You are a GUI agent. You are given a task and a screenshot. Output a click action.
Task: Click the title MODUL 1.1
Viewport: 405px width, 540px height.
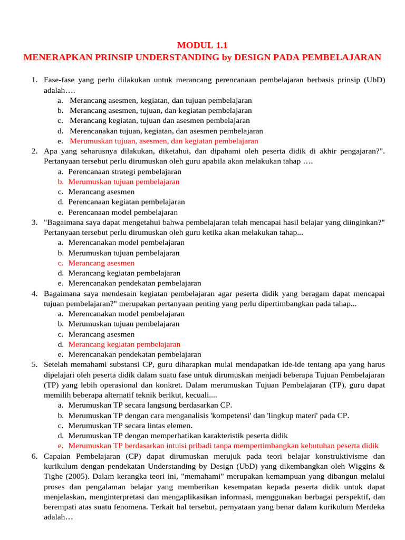click(202, 45)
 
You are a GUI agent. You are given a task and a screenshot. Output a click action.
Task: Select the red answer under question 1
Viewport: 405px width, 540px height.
click(163, 141)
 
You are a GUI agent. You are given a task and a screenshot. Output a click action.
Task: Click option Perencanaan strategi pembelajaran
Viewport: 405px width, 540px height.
click(124, 172)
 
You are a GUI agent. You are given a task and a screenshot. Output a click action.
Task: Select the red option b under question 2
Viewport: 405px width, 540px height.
click(124, 182)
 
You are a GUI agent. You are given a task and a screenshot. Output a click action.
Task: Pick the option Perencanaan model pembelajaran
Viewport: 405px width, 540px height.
click(123, 213)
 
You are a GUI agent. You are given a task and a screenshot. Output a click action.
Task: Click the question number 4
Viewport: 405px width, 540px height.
click(34, 294)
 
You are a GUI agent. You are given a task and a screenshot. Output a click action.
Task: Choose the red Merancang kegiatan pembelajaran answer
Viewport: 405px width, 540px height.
click(124, 344)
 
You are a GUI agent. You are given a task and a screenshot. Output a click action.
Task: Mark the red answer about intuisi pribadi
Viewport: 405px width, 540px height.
click(223, 446)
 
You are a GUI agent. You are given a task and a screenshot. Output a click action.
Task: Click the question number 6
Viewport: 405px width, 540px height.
click(34, 456)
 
